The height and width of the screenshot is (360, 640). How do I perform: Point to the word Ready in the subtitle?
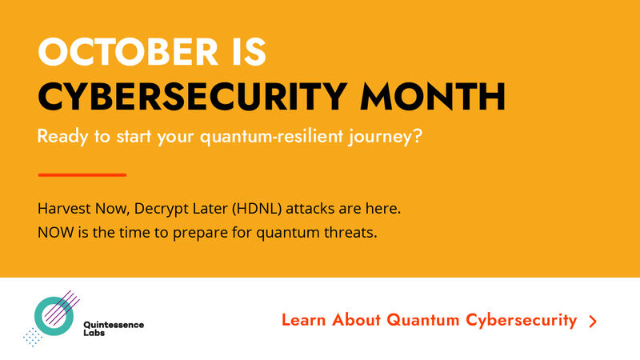coord(61,138)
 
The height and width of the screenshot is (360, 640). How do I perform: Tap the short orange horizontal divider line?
coord(82,174)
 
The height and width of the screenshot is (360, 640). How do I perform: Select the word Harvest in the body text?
coord(62,209)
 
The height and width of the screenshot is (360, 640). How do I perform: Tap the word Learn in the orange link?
coord(304,321)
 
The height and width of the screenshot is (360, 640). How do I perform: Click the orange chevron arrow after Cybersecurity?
coord(593,322)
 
